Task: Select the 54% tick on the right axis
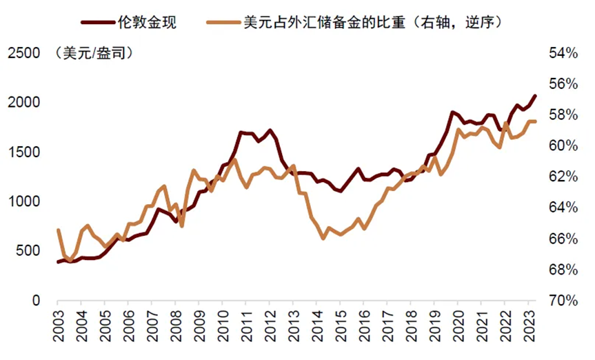[x=563, y=53]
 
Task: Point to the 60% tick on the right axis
[x=563, y=146]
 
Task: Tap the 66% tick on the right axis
[x=563, y=239]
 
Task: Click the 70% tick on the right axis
[x=563, y=301]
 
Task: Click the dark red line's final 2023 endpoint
[x=535, y=96]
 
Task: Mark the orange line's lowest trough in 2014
[x=323, y=238]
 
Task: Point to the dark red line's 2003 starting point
[x=58, y=262]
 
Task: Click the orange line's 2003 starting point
[x=58, y=230]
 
